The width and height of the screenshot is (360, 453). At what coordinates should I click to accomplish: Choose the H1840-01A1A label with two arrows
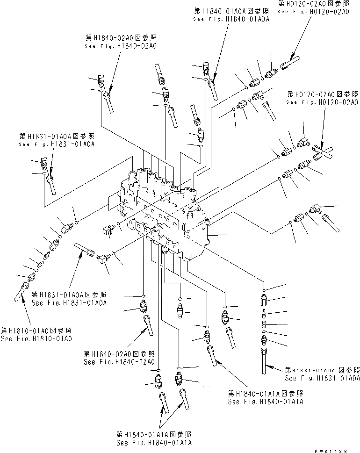[x=155, y=439]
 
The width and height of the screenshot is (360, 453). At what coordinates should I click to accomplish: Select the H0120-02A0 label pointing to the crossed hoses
[x=322, y=98]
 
